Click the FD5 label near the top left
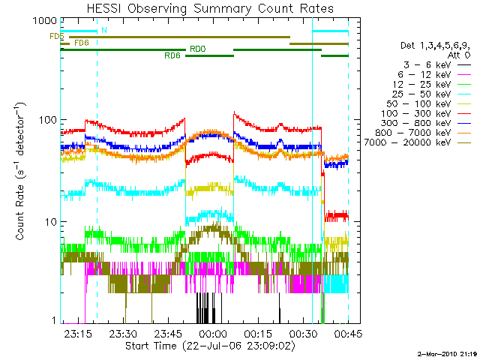coord(56,36)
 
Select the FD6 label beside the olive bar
coord(81,43)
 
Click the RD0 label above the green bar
coord(197,49)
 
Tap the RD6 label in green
coord(172,55)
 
